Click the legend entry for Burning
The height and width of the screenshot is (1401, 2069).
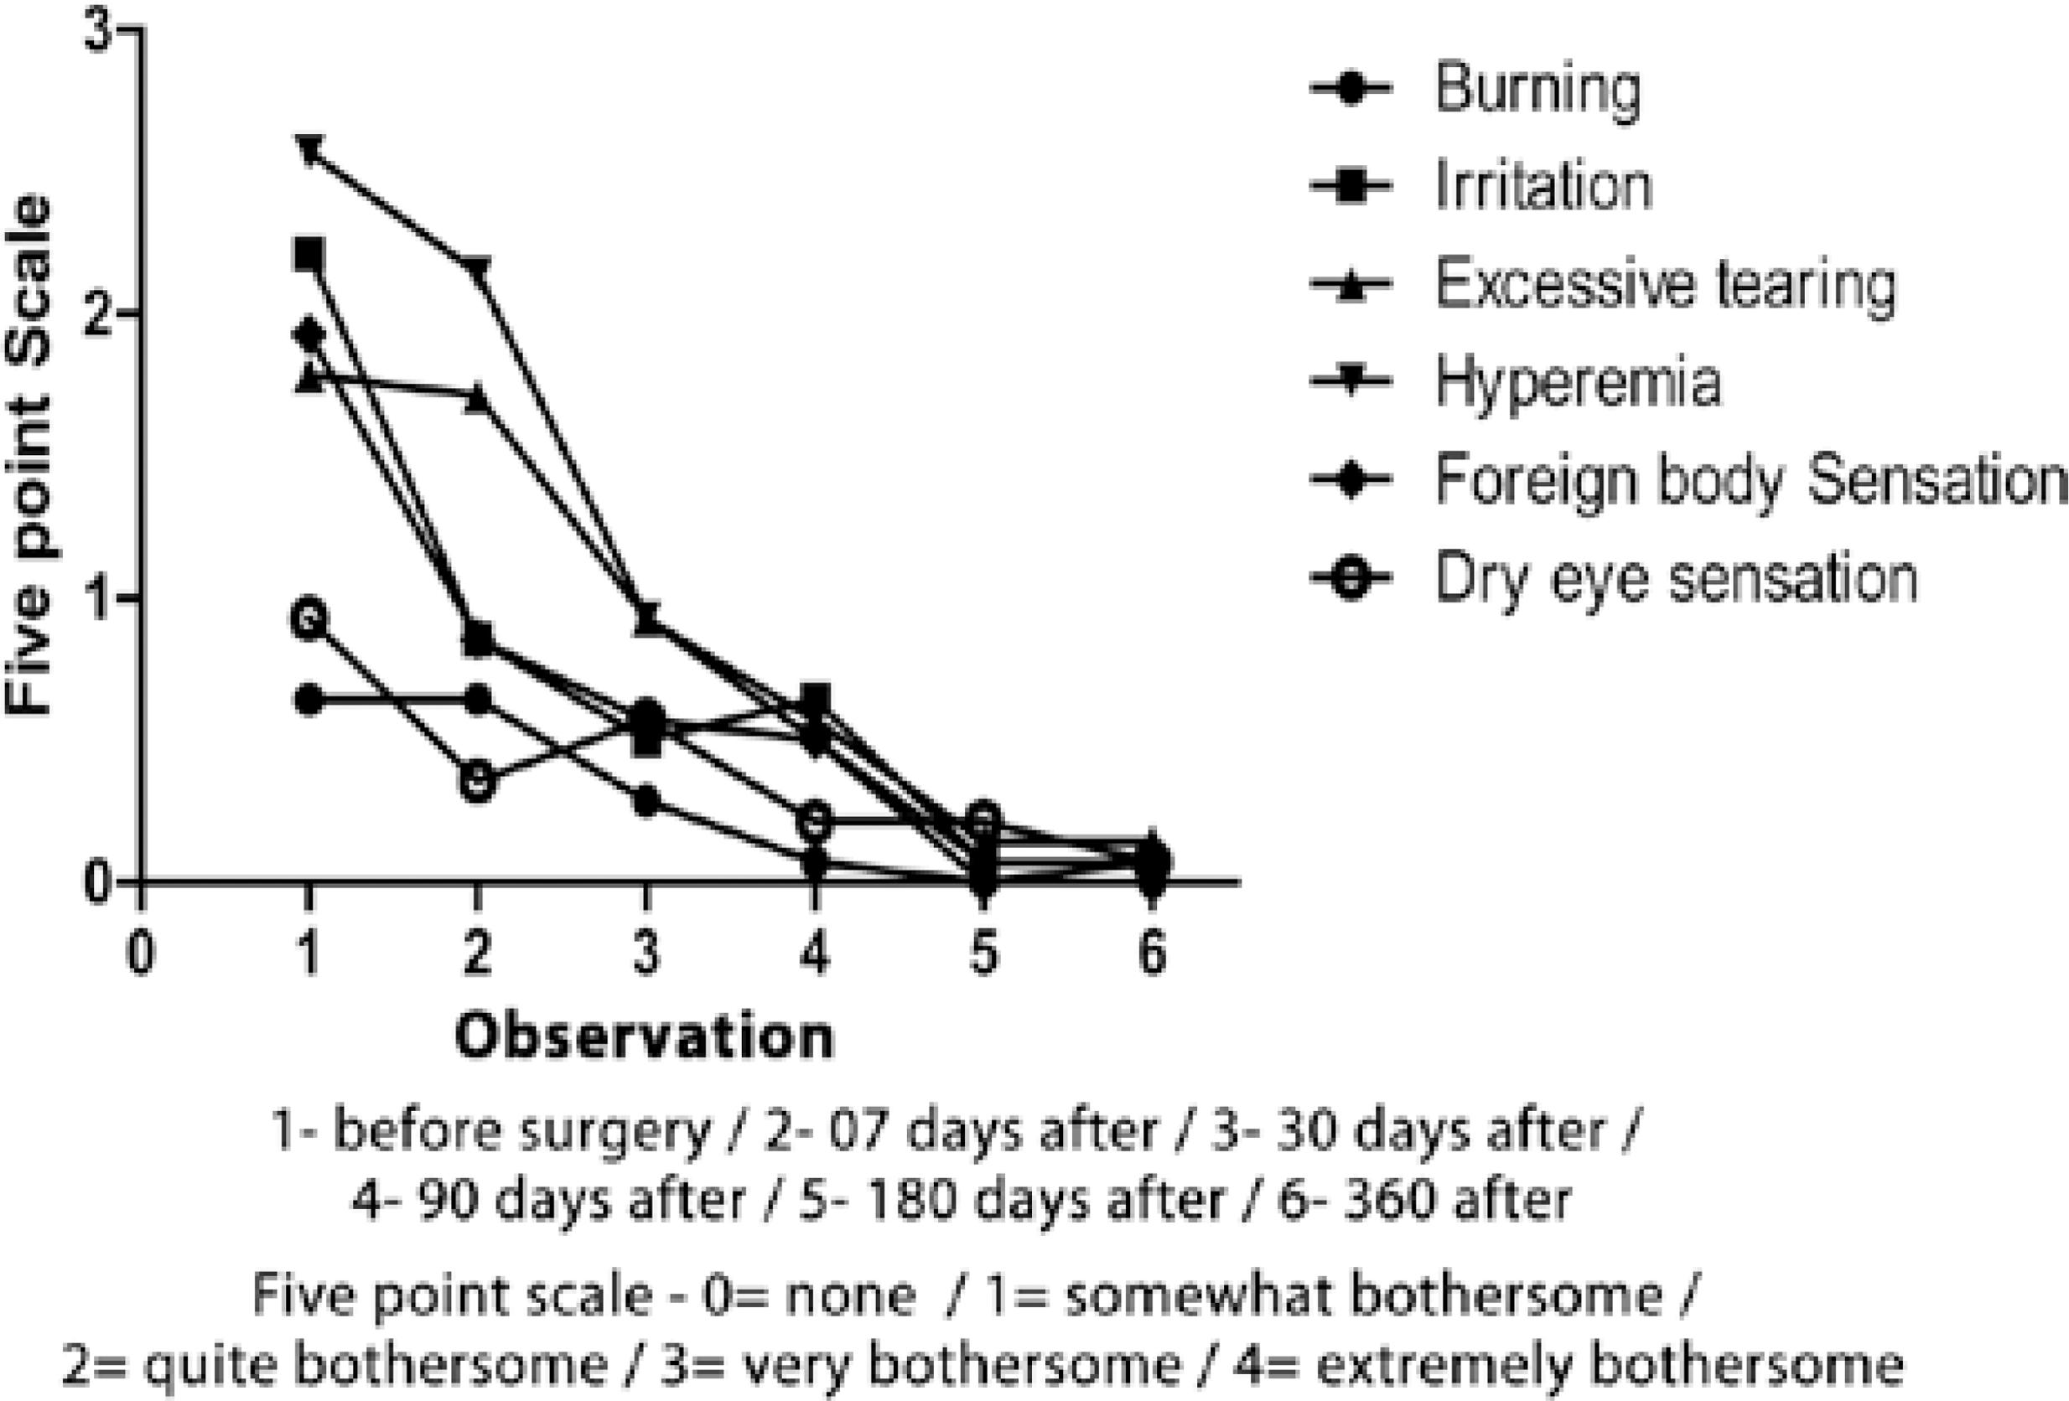[x=1537, y=89]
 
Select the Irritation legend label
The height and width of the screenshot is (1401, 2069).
[x=1543, y=186]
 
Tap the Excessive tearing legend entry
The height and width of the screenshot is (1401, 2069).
[x=1665, y=284]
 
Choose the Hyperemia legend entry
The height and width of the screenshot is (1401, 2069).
[x=1578, y=382]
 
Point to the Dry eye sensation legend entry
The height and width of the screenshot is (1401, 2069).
[x=1676, y=577]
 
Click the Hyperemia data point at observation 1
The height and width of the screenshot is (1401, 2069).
[x=309, y=149]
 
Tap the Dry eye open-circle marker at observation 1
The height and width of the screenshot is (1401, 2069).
[x=309, y=617]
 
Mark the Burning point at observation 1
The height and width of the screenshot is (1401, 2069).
[x=309, y=700]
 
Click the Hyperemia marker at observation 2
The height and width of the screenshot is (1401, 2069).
[x=477, y=270]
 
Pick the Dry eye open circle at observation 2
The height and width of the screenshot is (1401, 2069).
[x=477, y=782]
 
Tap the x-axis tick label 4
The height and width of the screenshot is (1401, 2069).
[x=815, y=954]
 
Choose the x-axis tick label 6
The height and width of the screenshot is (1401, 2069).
[x=1151, y=954]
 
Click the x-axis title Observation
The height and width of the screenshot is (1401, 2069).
[x=646, y=1037]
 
